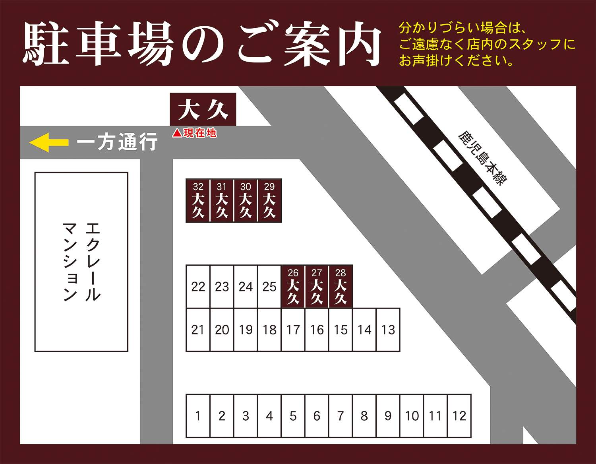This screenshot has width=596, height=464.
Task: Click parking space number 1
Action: point(198,416)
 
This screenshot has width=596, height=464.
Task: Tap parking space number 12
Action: point(459,416)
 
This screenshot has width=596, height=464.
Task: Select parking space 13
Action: point(388,330)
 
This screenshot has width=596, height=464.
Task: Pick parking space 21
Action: point(198,330)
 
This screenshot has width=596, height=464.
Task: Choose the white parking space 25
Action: point(269,287)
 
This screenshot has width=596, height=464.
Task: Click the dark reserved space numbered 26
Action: point(293,286)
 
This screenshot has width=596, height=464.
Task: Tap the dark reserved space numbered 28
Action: point(341,286)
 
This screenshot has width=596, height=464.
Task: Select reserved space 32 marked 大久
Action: point(198,200)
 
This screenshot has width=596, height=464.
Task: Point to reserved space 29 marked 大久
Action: point(269,200)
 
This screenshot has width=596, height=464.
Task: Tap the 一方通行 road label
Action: point(117,142)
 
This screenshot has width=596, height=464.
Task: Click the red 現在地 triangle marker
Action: point(177,133)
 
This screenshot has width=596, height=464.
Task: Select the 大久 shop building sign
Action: point(203,110)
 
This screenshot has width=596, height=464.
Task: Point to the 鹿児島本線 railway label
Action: point(482,157)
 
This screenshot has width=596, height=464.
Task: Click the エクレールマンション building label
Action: point(81,262)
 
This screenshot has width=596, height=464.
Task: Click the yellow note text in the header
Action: point(487,44)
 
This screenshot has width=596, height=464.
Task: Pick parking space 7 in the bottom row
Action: point(341,416)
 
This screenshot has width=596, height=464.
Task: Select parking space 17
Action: point(293,330)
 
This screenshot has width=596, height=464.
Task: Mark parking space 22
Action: point(198,287)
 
